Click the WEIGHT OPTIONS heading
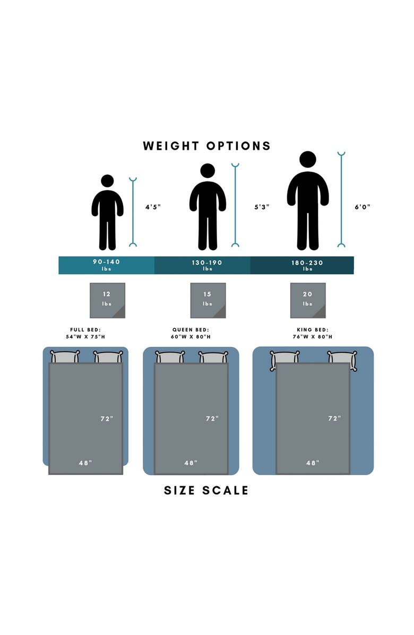pyautogui.click(x=206, y=146)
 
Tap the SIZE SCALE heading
pyautogui.click(x=206, y=490)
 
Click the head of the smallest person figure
pyautogui.click(x=107, y=181)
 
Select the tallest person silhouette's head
pyautogui.click(x=307, y=159)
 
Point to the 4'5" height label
pyautogui.click(x=153, y=207)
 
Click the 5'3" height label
pyautogui.click(x=261, y=207)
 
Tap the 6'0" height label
pyautogui.click(x=363, y=207)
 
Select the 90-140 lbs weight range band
pyautogui.click(x=106, y=265)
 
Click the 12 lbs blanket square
pyautogui.click(x=107, y=301)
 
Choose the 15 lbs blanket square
pyautogui.click(x=208, y=301)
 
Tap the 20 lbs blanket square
pyautogui.click(x=308, y=301)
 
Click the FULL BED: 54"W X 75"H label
pyautogui.click(x=85, y=333)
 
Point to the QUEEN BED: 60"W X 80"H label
pyautogui.click(x=191, y=333)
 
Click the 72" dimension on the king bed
pyautogui.click(x=334, y=418)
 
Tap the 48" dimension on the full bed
pyautogui.click(x=85, y=463)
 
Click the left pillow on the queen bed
pyautogui.click(x=170, y=357)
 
